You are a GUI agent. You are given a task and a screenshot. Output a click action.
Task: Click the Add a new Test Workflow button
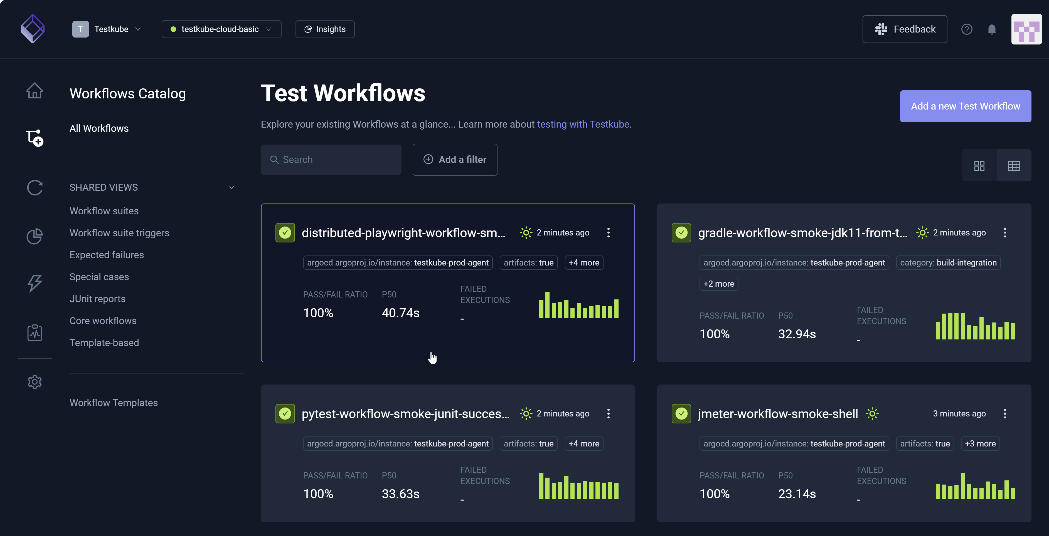pos(965,106)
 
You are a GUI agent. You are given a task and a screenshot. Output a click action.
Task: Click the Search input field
pos(331,160)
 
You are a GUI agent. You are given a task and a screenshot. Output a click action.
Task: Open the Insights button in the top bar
pos(325,29)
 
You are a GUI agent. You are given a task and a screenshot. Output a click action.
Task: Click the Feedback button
pos(904,29)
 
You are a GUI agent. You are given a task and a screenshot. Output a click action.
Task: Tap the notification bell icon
pos(992,29)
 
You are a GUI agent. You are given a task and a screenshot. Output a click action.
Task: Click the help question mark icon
pos(966,29)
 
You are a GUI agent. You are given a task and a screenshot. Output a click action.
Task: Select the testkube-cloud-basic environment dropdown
pos(221,29)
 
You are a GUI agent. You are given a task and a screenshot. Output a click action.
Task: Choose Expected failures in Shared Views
pos(107,255)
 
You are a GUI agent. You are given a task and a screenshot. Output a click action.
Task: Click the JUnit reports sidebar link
pos(97,299)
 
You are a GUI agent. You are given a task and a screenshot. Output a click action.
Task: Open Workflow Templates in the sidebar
pos(114,403)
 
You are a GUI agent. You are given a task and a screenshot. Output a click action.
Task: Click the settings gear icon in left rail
pos(35,382)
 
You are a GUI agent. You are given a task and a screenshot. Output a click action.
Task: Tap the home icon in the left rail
pos(35,90)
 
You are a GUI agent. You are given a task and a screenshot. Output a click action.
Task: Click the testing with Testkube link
pos(583,124)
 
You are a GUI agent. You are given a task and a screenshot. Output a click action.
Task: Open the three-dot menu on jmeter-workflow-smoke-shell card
pos(1004,413)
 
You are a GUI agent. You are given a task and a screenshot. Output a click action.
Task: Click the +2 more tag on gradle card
pos(718,284)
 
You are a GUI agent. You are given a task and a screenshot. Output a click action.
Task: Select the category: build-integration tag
pos(948,262)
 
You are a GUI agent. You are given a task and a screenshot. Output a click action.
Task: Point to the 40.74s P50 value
pos(400,312)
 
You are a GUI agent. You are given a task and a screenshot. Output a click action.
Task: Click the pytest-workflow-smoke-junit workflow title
pos(405,413)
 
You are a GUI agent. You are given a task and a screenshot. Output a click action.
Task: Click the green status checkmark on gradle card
pos(681,233)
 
